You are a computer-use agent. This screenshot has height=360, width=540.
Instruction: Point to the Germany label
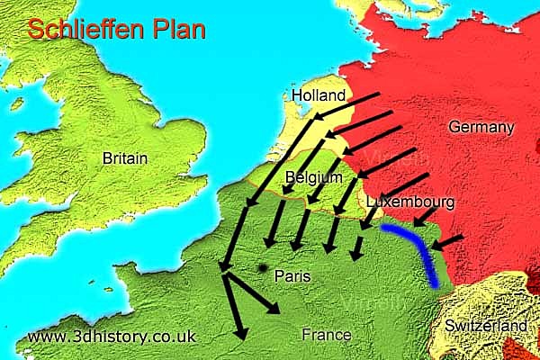tap(481, 127)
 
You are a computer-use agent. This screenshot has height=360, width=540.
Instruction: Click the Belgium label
tap(313, 177)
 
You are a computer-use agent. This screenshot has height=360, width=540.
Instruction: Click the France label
tap(326, 335)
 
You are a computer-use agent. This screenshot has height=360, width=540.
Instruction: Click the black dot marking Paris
tap(262, 268)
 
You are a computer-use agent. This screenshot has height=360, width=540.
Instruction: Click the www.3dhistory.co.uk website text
tap(112, 337)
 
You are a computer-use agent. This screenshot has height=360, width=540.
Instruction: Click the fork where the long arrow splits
tap(225, 267)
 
